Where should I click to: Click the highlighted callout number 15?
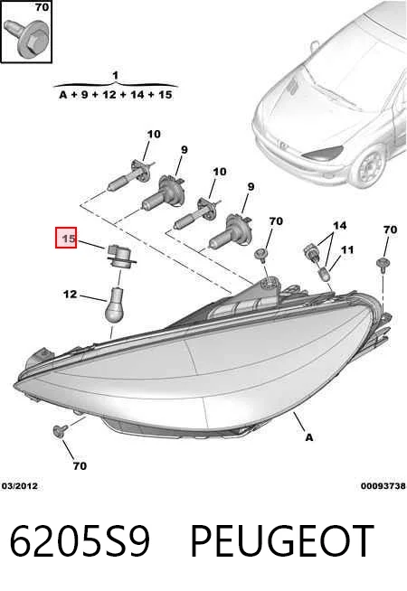pos(66,238)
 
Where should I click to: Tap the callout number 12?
pos(70,294)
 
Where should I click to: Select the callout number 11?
pos(347,249)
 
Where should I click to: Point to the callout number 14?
pos(339,225)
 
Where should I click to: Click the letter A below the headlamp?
pos(309,437)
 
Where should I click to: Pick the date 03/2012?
pos(20,486)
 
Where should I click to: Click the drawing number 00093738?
pos(383,486)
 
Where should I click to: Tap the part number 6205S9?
pos(80,541)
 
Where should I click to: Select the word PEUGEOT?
pos(282,541)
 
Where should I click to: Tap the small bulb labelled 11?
pos(325,274)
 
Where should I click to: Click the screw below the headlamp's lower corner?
pos(60,430)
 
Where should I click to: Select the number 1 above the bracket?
pos(116,75)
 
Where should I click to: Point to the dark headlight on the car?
pos(323,152)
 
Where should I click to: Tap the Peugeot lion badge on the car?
pos(282,145)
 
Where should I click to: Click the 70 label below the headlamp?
pos(80,466)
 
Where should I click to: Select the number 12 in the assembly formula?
pos(109,94)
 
